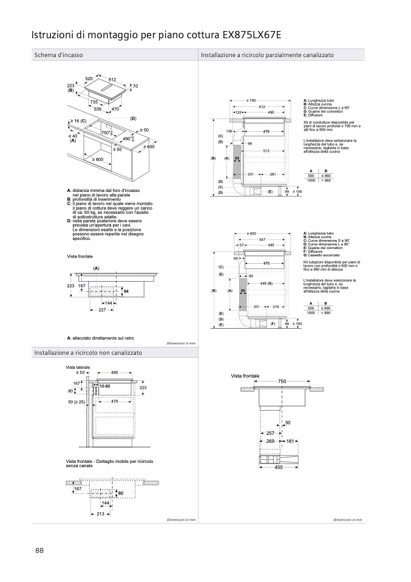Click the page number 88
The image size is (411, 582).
pos(39,550)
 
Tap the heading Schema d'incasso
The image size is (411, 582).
pos(58,55)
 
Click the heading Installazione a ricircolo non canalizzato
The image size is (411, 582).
pos(88,352)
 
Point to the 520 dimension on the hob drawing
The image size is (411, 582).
pos(89,80)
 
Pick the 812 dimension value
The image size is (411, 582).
pos(112,80)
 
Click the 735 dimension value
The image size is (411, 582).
pos(93,102)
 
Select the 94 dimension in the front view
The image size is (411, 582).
pos(126,292)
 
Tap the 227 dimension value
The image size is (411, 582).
pos(102,310)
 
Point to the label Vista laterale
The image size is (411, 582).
pos(78,368)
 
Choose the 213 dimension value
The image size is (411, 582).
pos(100,514)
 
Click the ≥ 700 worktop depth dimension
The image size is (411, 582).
pos(251,100)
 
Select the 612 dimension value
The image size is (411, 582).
pos(262,106)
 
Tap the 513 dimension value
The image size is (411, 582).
pos(266,151)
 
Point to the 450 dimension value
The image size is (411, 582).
pos(279,467)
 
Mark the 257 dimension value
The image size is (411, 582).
pos(271,433)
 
